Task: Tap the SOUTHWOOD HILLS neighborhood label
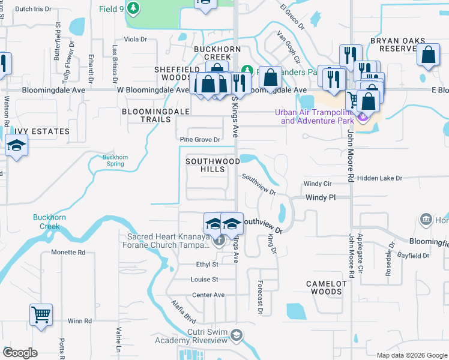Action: [212, 165]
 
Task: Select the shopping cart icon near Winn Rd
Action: [41, 314]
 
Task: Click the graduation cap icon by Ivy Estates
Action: [16, 146]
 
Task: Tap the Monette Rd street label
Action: [68, 253]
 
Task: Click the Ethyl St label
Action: [206, 264]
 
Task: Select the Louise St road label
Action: [205, 280]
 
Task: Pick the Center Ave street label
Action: [208, 295]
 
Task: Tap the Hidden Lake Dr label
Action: [379, 178]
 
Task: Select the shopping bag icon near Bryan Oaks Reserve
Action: [429, 55]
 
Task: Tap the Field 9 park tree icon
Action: [134, 8]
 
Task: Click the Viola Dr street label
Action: [135, 40]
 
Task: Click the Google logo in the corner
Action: [20, 353]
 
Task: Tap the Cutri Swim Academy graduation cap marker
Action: [237, 335]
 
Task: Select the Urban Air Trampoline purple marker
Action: [362, 116]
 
